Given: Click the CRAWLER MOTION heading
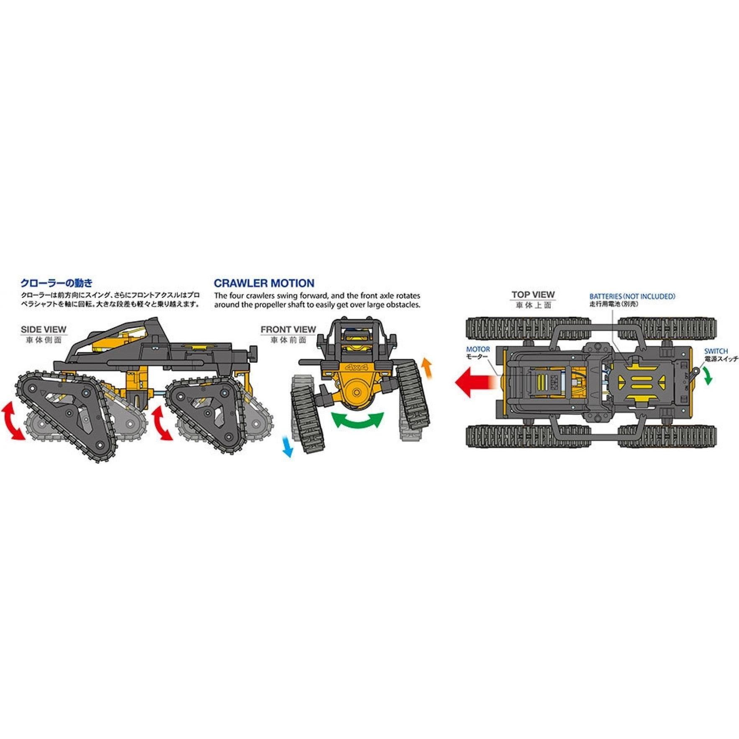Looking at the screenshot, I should point(264,283).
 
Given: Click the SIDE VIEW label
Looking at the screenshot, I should point(44,329).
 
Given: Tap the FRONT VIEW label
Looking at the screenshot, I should point(288,329).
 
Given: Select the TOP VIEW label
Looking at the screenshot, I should point(533,295).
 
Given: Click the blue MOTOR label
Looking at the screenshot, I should point(478,349).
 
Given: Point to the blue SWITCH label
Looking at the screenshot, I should point(716,351).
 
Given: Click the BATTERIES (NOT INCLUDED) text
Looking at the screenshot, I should point(632,296).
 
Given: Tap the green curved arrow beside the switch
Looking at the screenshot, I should point(708,375).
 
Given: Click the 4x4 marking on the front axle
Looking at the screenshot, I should point(356,367).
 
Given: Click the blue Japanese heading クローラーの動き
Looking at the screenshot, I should point(56,283).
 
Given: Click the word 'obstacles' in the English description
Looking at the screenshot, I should point(404,305).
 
